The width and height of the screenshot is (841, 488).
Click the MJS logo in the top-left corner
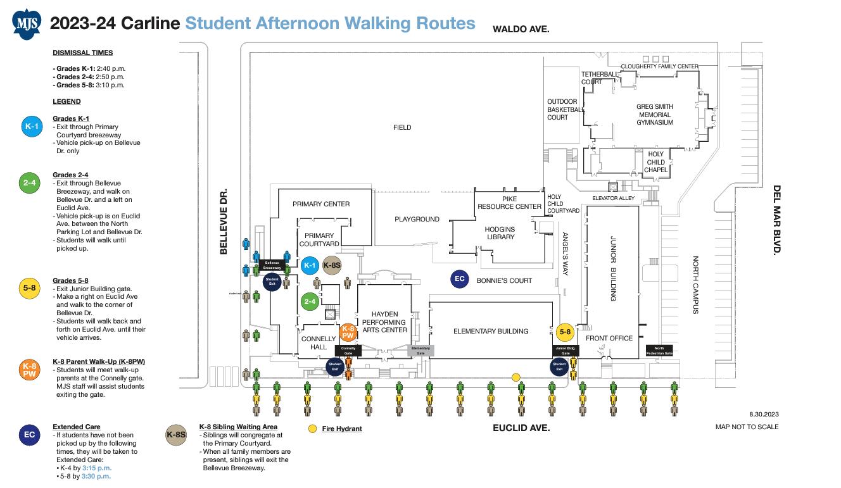[26, 24]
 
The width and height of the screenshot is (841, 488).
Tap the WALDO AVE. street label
[521, 29]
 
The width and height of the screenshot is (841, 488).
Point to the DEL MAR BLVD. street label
[777, 220]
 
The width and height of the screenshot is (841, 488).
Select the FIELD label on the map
[402, 127]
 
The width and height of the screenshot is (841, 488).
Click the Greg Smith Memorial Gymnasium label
[655, 115]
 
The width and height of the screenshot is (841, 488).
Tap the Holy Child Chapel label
[655, 162]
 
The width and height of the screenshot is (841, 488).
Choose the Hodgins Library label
[500, 233]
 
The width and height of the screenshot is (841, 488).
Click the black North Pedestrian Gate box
[659, 351]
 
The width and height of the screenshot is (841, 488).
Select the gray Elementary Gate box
[420, 351]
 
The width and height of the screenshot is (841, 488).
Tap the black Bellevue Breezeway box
[272, 265]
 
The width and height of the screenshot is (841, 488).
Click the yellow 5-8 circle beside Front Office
[564, 332]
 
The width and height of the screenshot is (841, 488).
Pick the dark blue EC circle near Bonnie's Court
[460, 279]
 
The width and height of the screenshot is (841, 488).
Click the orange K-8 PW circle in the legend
[30, 370]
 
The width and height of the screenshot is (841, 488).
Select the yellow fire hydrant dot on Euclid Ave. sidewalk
[515, 377]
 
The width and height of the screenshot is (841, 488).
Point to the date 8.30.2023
[763, 414]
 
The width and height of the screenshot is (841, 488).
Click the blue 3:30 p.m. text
[96, 476]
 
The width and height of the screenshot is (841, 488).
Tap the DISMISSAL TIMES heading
[83, 53]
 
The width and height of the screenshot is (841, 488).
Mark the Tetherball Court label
[599, 78]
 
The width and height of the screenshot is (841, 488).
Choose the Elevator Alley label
[613, 199]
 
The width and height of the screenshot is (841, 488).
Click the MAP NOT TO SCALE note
[747, 427]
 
